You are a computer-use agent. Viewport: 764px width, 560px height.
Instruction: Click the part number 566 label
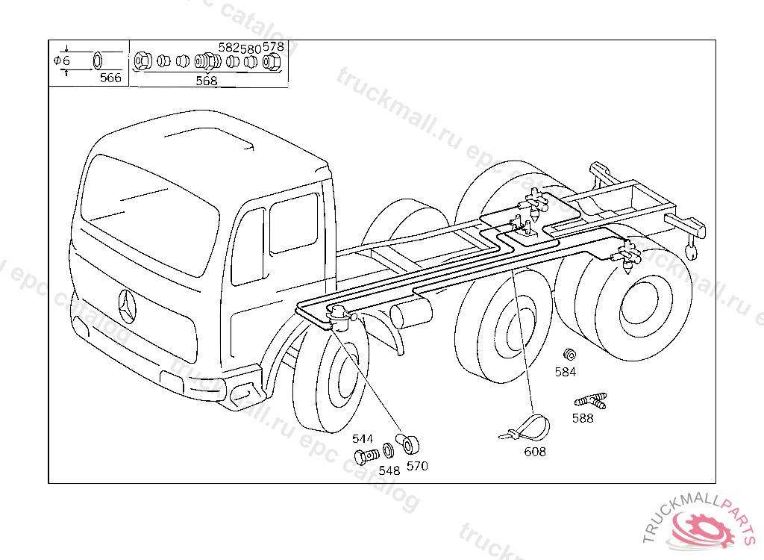pos(110,78)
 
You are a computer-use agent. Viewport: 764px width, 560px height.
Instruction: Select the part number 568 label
pos(206,81)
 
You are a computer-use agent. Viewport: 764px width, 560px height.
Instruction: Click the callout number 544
pos(363,439)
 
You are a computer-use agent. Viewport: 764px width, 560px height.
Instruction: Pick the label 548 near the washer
pos(389,470)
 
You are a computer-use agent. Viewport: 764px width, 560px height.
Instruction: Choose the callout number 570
pos(417,466)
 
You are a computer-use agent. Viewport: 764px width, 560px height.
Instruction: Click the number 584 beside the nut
pos(566,371)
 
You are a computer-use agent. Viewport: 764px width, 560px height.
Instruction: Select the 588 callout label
pos(583,418)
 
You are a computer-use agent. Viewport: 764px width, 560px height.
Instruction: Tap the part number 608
pos(534,452)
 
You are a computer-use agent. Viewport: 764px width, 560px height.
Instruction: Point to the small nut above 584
pos(569,353)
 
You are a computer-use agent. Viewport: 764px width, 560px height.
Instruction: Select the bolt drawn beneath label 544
pos(365,455)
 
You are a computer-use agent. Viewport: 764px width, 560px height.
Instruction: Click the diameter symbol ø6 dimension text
pos(62,60)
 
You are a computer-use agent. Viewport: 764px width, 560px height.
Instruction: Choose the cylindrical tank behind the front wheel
pos(410,313)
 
